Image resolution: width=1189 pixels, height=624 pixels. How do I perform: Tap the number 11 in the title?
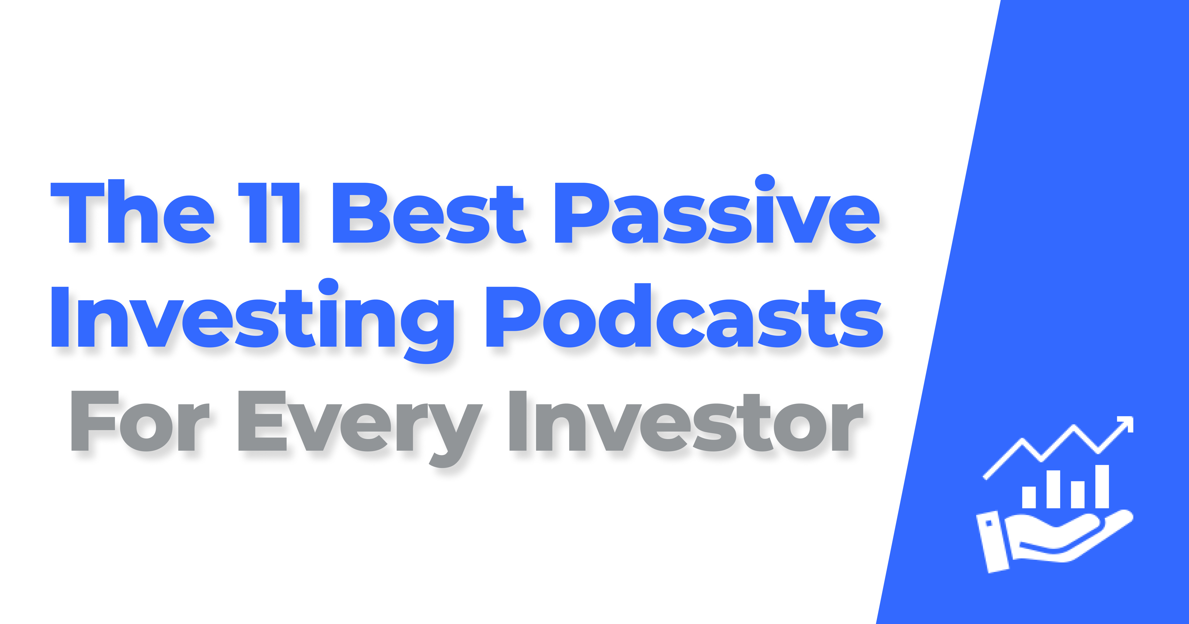pos(269,213)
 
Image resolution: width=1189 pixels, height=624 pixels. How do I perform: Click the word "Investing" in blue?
pos(252,318)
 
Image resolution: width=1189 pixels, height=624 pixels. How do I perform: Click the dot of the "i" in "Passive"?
pos(765,182)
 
